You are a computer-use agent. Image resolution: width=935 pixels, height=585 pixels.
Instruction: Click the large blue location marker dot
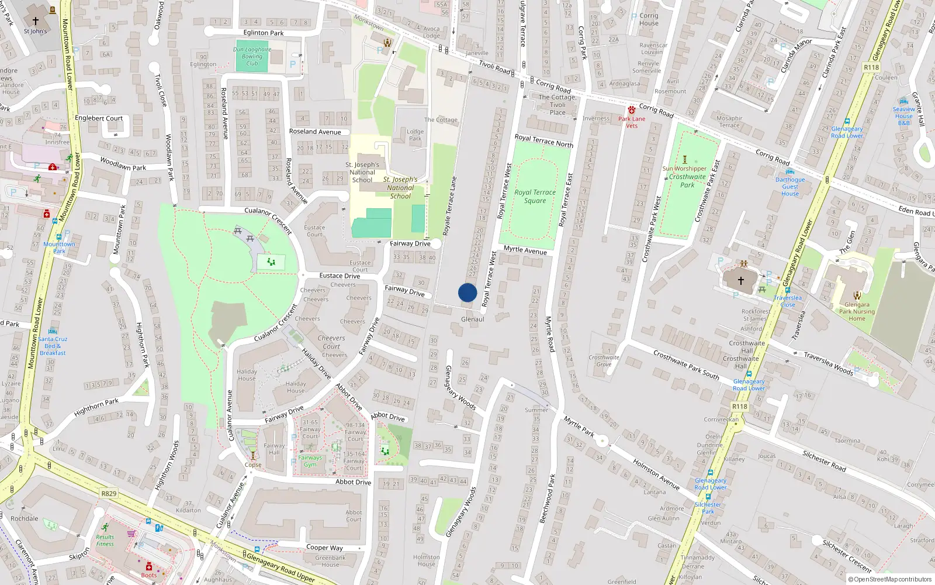[x=467, y=292]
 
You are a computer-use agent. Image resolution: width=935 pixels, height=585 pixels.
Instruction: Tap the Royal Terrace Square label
[x=535, y=197]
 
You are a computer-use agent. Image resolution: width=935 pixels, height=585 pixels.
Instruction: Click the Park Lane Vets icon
[x=631, y=110]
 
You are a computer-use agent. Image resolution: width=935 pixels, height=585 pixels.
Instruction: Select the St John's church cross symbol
[x=35, y=21]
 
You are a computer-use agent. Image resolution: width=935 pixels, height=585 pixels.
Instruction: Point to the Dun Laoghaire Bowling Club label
[x=252, y=56]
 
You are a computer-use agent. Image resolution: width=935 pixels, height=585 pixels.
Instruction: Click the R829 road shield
[x=109, y=493]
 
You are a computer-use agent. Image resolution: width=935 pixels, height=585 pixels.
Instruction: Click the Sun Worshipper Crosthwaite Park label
[x=685, y=176]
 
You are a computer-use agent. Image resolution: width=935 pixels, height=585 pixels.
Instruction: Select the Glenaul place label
[x=472, y=319]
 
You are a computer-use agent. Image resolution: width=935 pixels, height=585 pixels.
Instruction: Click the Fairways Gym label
[x=310, y=461]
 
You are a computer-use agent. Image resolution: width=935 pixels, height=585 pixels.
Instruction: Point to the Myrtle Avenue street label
[x=525, y=250]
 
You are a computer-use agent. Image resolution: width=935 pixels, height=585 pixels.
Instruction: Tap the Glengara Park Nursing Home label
[x=857, y=311]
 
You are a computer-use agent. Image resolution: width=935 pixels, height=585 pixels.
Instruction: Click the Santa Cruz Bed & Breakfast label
[x=53, y=346]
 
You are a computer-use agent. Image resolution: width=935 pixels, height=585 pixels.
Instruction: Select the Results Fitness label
[x=105, y=540]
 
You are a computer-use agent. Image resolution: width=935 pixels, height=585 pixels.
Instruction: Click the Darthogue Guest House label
[x=790, y=187]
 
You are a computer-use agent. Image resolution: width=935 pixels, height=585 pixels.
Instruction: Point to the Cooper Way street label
[x=324, y=548]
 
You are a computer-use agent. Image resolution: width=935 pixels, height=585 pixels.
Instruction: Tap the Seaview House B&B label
[x=903, y=116]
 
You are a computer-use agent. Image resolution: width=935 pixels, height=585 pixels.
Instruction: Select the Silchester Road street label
[x=824, y=461]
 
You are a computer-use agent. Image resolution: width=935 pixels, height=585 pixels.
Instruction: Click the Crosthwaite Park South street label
[x=685, y=364]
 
